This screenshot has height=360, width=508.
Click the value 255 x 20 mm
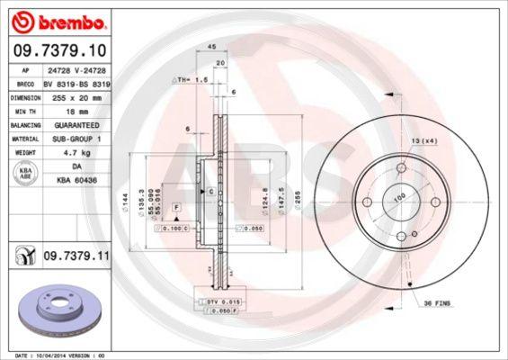point(70,96)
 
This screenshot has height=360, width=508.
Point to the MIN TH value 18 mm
point(70,111)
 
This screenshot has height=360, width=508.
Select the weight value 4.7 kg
point(70,154)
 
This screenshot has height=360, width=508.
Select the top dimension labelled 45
point(212,47)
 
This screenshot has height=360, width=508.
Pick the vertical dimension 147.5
point(281,196)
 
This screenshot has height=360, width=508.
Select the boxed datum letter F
point(177,207)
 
